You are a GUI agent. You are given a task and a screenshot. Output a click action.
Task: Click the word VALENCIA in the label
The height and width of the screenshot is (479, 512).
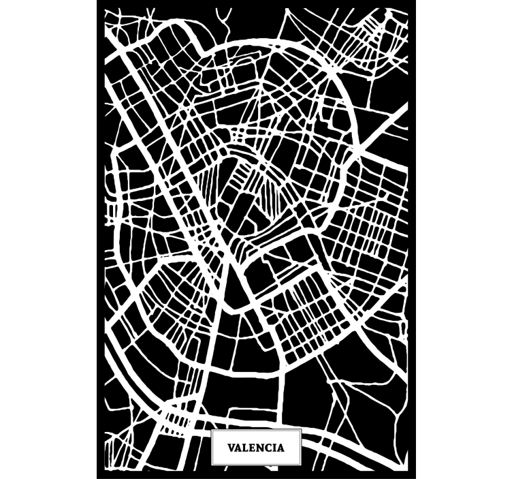coord(256,448)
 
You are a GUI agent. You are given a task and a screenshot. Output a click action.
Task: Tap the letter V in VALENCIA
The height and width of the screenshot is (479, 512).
coord(231,448)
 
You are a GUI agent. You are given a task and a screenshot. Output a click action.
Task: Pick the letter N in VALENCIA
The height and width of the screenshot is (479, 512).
coord(260,448)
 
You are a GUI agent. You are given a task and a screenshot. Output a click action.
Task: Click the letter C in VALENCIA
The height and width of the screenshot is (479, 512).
coord(268,448)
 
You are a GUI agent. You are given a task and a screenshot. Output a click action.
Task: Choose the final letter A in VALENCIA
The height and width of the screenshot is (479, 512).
coord(280,448)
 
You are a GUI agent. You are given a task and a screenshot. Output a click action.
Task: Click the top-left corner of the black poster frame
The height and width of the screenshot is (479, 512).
coord(97,1)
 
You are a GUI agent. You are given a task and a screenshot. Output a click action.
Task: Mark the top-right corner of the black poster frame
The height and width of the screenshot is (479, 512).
coord(415,1)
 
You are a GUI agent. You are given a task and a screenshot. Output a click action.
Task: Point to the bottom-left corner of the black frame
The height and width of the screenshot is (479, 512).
coord(97,477)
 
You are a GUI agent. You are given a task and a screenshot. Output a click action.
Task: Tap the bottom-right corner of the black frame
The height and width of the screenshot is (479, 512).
coord(415,477)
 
